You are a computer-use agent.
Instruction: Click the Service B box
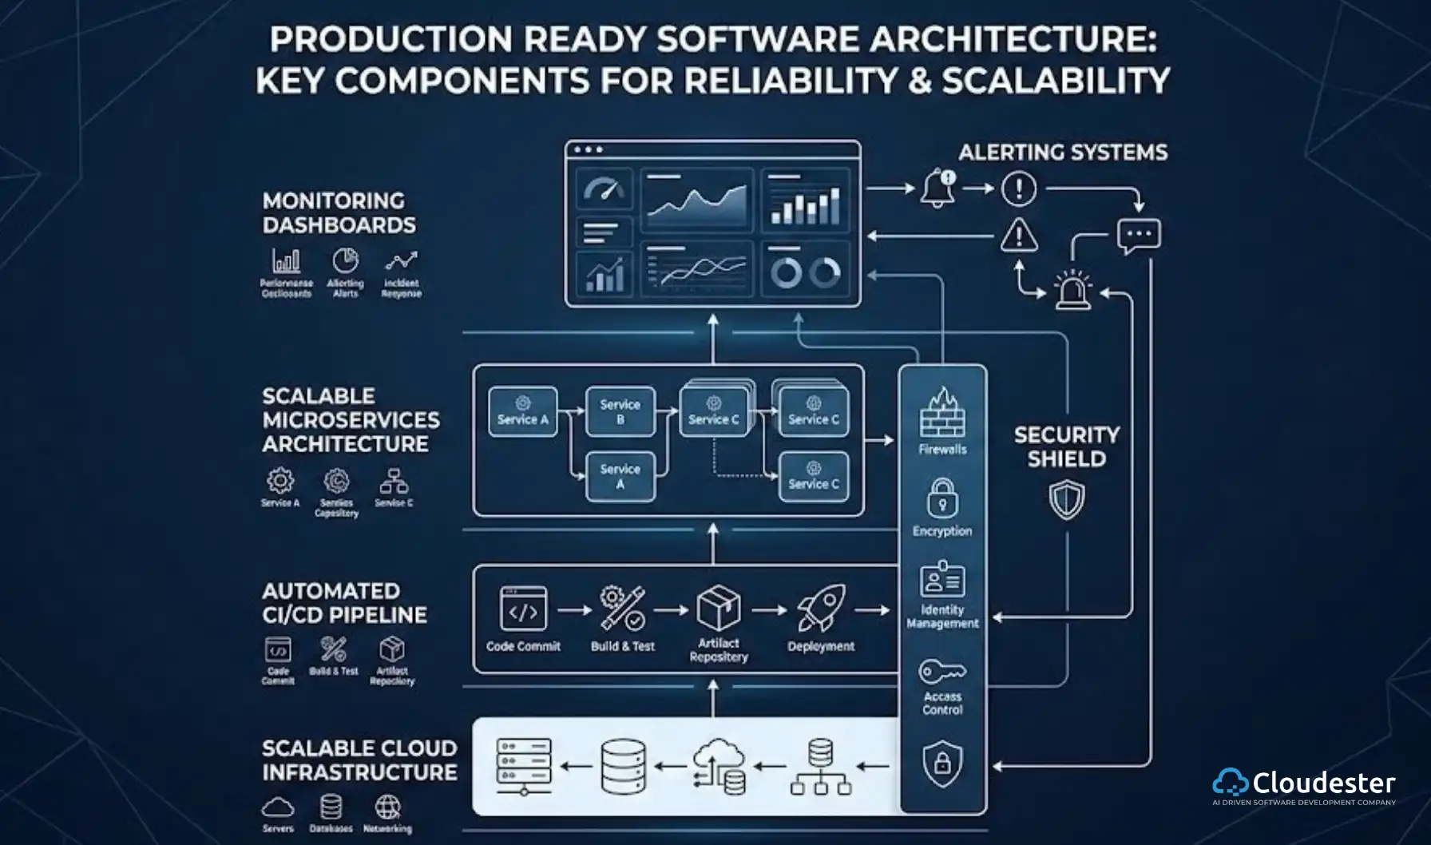[x=620, y=411]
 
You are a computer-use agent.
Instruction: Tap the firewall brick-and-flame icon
[x=942, y=412]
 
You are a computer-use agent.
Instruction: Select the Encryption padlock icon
[x=942, y=498]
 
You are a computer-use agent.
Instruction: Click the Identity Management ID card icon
[x=942, y=579]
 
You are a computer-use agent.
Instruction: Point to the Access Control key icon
[x=941, y=671]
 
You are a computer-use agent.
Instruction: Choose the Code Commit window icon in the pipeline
[x=523, y=609]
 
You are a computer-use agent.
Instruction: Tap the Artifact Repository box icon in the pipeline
[x=718, y=609]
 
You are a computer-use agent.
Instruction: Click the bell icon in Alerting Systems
[x=937, y=188]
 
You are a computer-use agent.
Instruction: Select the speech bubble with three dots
[x=1139, y=236]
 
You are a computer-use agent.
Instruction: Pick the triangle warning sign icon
[x=1019, y=236]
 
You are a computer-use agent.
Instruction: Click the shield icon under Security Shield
[x=1066, y=500]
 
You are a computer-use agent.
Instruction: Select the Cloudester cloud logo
[x=1230, y=783]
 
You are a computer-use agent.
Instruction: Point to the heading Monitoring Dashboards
[x=339, y=212]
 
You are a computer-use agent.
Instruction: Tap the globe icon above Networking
[x=387, y=807]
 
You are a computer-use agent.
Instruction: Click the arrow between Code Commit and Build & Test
[x=574, y=610]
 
